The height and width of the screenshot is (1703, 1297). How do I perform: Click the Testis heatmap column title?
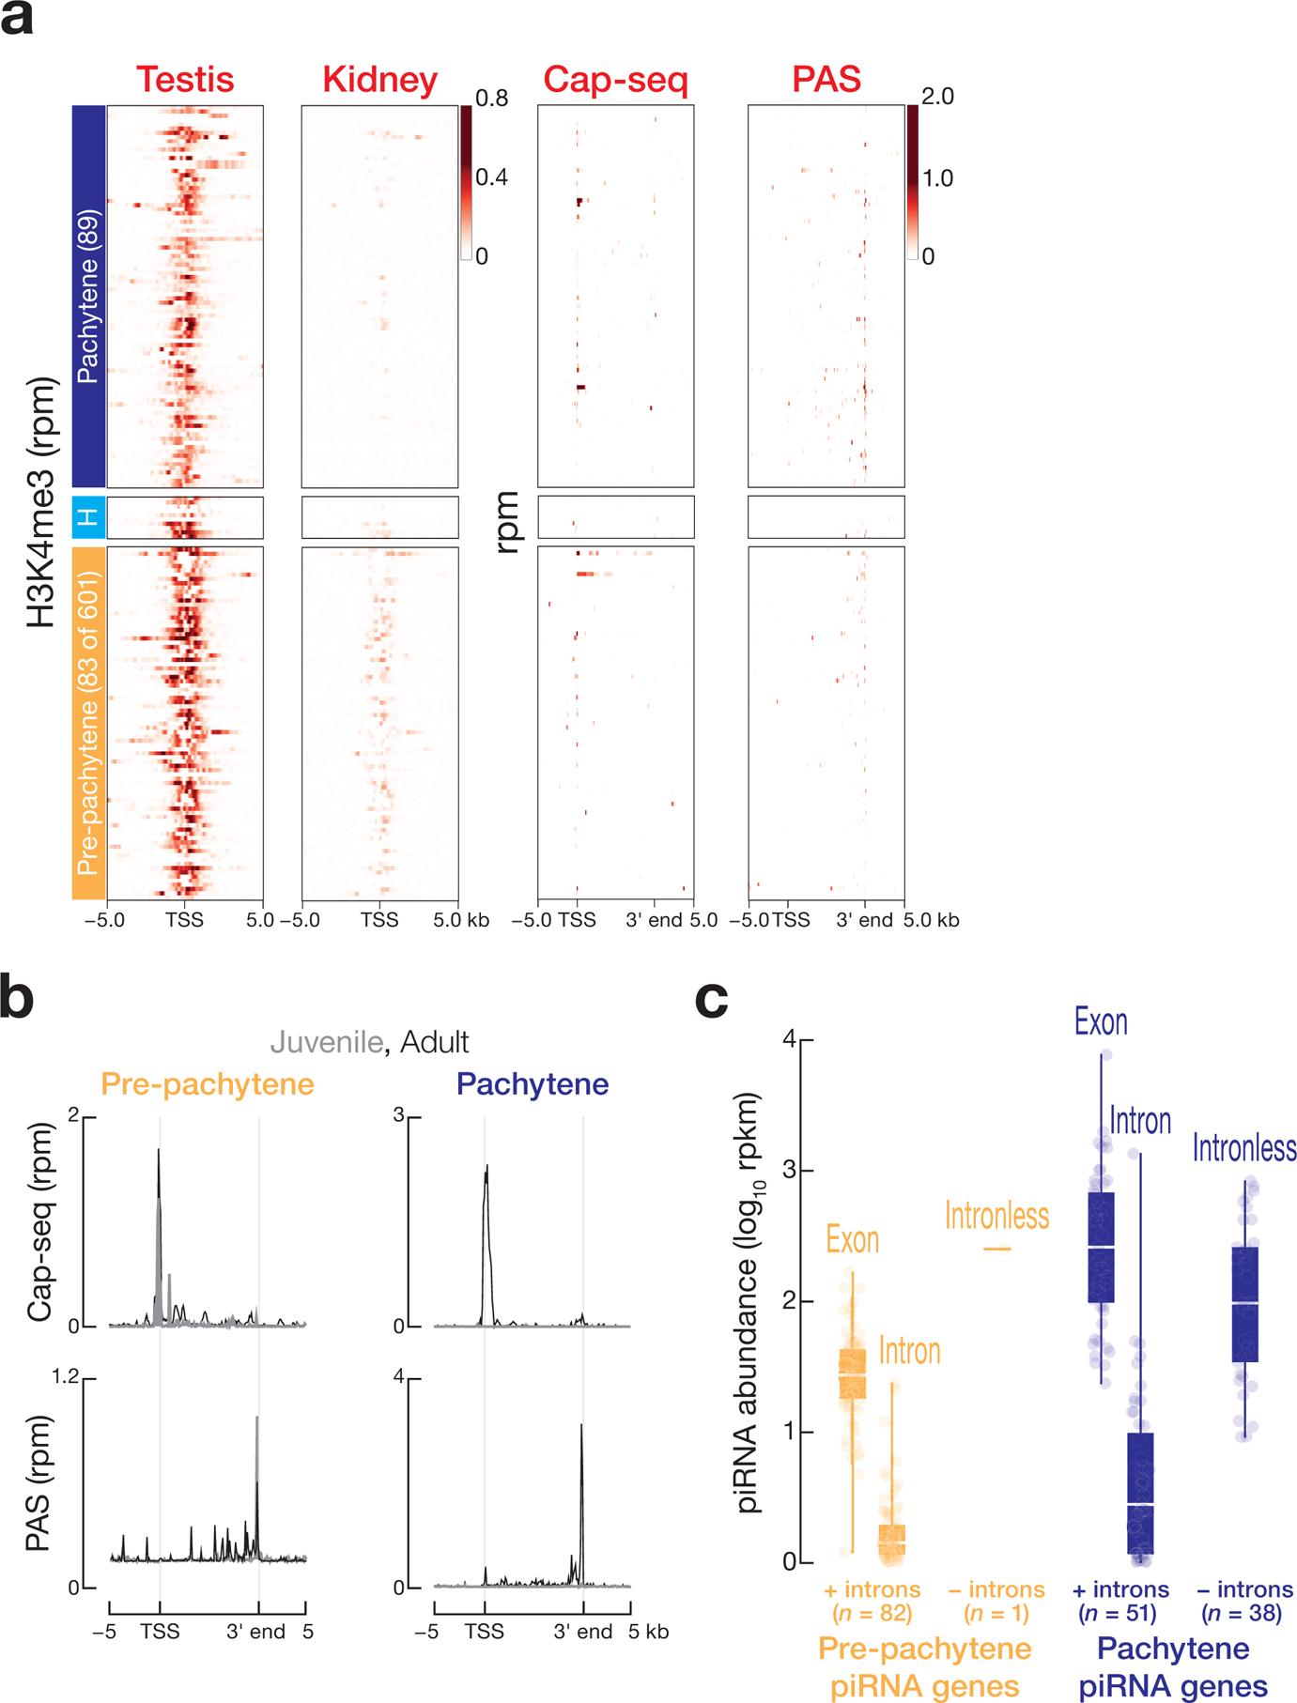[184, 80]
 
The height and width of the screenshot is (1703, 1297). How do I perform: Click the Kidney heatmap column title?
[379, 80]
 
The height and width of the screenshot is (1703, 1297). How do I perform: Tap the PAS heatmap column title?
[826, 80]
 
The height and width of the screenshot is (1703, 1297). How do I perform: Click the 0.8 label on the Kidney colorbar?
[491, 98]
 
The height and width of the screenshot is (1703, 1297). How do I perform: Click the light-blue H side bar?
[89, 517]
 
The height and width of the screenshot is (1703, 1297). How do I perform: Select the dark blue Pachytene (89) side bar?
[89, 295]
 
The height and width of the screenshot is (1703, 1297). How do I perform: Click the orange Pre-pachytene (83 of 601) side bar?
[89, 723]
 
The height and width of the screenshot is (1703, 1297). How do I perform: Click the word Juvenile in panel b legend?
[326, 1042]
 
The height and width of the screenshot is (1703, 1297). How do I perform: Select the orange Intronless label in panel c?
[996, 1217]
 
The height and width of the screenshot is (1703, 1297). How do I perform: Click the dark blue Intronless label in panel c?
[1244, 1147]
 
